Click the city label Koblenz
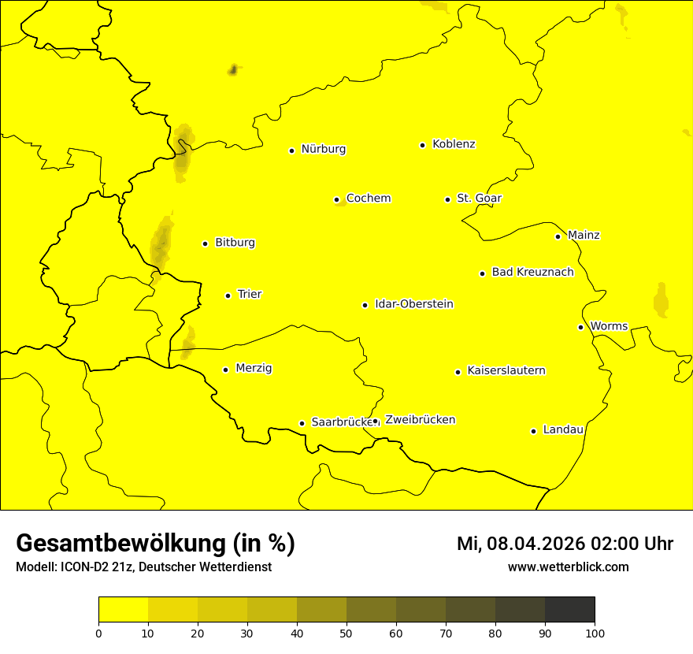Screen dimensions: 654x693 pyautogui.click(x=454, y=144)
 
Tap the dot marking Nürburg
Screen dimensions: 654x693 pyautogui.click(x=291, y=150)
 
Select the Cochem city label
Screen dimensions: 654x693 pyautogui.click(x=369, y=199)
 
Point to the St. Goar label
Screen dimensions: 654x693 pyautogui.click(x=480, y=199)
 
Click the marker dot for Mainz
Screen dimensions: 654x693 pyautogui.click(x=558, y=236)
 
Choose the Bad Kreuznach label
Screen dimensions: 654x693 pyautogui.click(x=532, y=273)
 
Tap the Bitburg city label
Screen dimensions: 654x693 pyautogui.click(x=235, y=243)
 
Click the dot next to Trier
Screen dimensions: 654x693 pyautogui.click(x=228, y=295)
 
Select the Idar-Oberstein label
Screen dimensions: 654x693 pyautogui.click(x=414, y=304)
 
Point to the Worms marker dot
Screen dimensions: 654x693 pyautogui.click(x=580, y=327)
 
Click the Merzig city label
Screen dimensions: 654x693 pyautogui.click(x=254, y=368)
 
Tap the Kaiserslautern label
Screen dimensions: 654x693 pyautogui.click(x=506, y=371)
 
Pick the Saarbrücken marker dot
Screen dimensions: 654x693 pyautogui.click(x=302, y=423)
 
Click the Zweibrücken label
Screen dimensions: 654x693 pyautogui.click(x=420, y=420)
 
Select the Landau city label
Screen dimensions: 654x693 pyautogui.click(x=563, y=430)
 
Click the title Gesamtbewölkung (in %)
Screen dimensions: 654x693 pyautogui.click(x=155, y=544)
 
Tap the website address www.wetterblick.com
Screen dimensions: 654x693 pyautogui.click(x=568, y=567)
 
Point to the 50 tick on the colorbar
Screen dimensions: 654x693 pyautogui.click(x=346, y=633)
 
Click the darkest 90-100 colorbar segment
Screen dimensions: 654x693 pyautogui.click(x=569, y=610)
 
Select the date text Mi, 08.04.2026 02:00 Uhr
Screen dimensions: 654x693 pyautogui.click(x=565, y=544)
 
